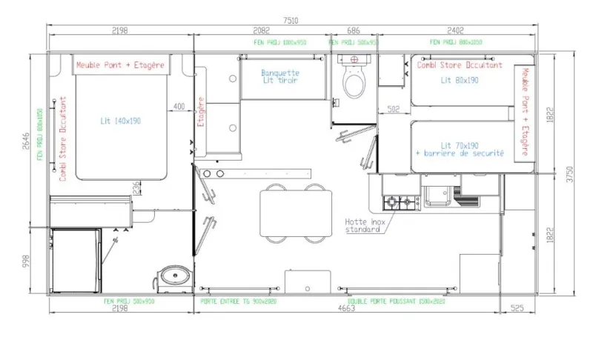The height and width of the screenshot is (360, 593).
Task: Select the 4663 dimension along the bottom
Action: (346, 309)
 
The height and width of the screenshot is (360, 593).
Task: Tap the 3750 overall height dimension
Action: (571, 173)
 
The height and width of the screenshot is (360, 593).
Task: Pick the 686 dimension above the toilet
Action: (354, 30)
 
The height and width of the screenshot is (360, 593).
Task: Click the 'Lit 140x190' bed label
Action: (121, 120)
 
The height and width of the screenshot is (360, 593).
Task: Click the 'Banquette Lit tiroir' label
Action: (280, 77)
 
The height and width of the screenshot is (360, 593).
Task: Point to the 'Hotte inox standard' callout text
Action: (362, 225)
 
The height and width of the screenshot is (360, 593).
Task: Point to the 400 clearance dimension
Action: (179, 107)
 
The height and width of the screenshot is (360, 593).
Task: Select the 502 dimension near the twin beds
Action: (394, 110)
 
